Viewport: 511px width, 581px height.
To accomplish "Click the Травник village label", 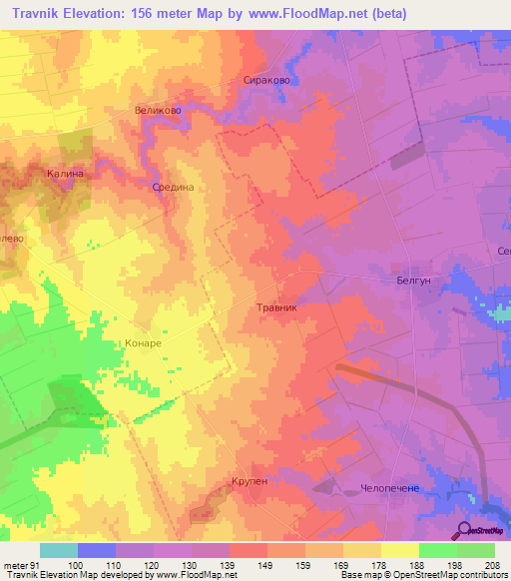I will (277, 308).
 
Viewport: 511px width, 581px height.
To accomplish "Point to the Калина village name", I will (64, 174).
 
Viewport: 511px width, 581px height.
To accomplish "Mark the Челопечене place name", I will (396, 489).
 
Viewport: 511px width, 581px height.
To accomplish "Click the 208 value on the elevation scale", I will (489, 566).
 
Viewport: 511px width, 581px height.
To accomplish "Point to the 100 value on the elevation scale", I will (75, 566).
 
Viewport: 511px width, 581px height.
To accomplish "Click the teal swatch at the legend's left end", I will (58, 550).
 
